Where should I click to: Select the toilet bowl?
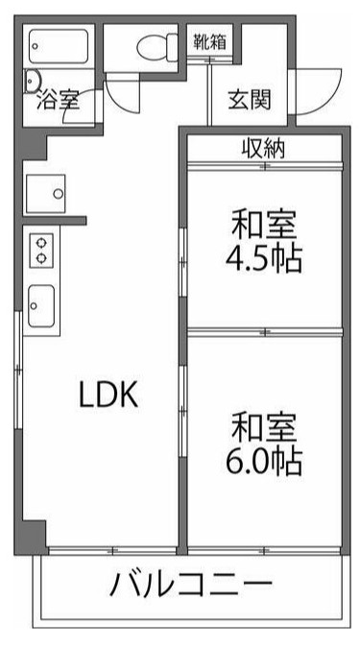tap(152, 45)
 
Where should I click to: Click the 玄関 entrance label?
tap(249, 98)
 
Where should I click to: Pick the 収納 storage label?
tap(263, 150)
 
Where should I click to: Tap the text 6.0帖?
tap(265, 461)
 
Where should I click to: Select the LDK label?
tap(109, 395)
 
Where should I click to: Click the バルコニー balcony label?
tap(191, 584)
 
